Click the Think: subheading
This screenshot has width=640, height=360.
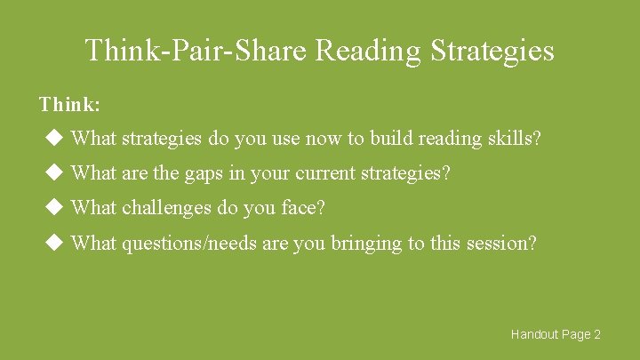pyautogui.click(x=69, y=105)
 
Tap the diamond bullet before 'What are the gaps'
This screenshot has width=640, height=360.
pyautogui.click(x=53, y=172)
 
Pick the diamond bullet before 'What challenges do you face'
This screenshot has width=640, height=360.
pyautogui.click(x=53, y=207)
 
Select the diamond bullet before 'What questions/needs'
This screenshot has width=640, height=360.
pyautogui.click(x=53, y=242)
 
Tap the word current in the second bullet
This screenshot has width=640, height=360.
pyautogui.click(x=324, y=173)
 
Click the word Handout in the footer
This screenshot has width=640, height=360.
pyautogui.click(x=533, y=334)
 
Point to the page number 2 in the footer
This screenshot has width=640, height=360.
pyautogui.click(x=597, y=334)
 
